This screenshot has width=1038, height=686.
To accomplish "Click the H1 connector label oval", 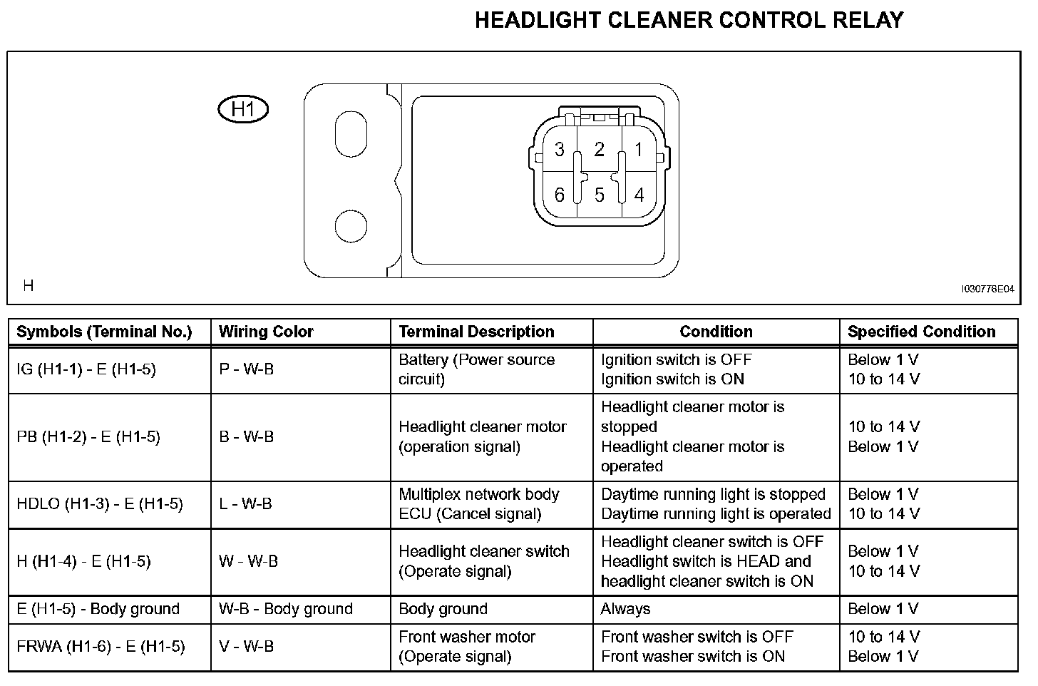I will click(243, 110).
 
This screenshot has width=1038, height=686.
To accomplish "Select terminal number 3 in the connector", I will click(560, 150).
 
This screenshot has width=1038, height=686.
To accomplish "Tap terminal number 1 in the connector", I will click(639, 150).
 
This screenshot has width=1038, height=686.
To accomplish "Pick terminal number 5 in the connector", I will click(599, 195).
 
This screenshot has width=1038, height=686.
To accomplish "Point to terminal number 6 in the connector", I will click(560, 195).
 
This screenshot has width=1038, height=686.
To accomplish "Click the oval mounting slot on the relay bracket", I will click(350, 133).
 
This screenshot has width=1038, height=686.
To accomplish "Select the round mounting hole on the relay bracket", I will click(350, 227).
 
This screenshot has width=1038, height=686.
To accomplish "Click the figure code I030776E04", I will click(987, 289).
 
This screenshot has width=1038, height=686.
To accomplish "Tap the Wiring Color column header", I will click(265, 332).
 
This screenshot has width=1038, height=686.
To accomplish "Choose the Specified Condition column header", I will click(921, 332).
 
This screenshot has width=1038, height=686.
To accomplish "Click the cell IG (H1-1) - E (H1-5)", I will click(86, 369).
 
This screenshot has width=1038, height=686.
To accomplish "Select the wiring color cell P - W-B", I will click(246, 369).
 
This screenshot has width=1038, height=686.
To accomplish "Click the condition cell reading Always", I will click(625, 609).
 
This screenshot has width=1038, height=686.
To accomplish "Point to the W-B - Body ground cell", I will click(285, 609).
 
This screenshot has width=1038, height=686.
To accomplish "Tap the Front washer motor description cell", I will click(467, 647).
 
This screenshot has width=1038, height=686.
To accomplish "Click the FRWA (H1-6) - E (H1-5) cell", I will click(101, 647).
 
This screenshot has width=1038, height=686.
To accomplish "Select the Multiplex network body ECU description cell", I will click(478, 504).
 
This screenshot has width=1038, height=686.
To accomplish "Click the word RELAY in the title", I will click(868, 20).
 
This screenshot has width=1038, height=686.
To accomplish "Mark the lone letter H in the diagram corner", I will click(29, 286).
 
